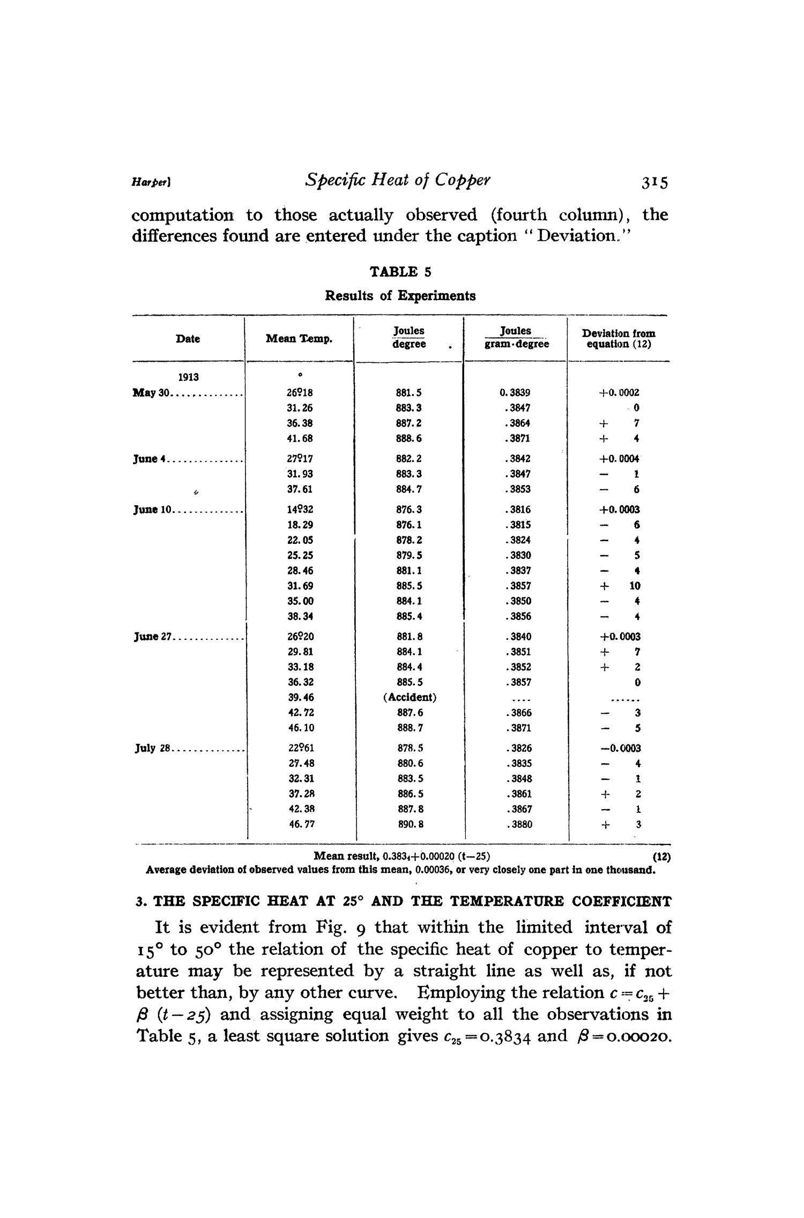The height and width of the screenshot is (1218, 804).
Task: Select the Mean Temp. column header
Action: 299,339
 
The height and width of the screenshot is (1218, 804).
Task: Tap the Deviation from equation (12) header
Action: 619,339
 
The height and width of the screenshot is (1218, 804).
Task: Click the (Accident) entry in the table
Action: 410,698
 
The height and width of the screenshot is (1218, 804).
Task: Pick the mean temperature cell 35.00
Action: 300,601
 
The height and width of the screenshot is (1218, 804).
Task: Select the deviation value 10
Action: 635,586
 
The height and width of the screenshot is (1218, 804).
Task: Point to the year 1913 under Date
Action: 188,377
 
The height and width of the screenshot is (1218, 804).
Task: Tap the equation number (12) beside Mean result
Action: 662,857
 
